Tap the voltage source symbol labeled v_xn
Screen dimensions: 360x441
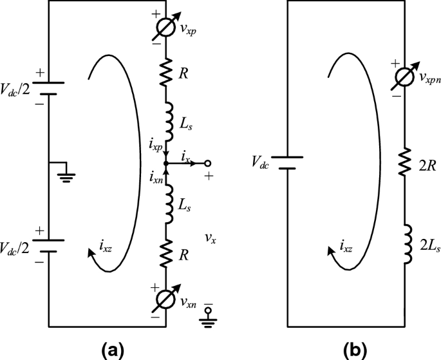(167, 299)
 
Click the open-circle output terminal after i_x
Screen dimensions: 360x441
(208, 164)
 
